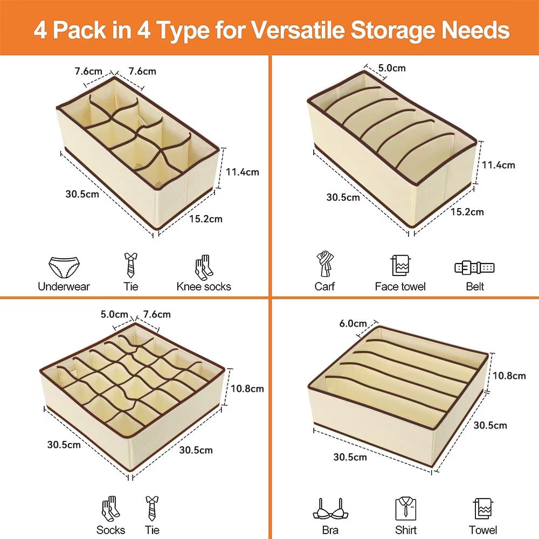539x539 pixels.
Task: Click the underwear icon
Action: point(64,267)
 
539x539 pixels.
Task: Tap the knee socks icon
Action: point(204,267)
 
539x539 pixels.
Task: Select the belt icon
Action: point(474,268)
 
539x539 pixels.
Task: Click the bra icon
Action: point(330,509)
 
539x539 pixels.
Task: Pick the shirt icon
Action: point(406,508)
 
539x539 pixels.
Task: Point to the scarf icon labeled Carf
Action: point(325,264)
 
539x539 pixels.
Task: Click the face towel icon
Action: point(400,265)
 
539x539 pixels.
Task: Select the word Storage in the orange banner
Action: point(393,31)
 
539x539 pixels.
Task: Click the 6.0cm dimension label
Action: point(353,323)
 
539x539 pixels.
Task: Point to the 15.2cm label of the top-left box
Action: point(205,219)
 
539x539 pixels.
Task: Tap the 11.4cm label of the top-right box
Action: point(498,165)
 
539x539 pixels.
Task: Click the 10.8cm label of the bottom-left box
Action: point(247,389)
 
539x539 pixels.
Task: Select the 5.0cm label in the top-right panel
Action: point(392,68)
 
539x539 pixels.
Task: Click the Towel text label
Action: point(483,530)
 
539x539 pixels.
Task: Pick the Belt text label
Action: point(475,286)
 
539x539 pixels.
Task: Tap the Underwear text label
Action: point(64,286)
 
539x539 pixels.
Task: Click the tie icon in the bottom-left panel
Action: point(151,508)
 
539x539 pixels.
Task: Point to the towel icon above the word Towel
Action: point(483,508)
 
